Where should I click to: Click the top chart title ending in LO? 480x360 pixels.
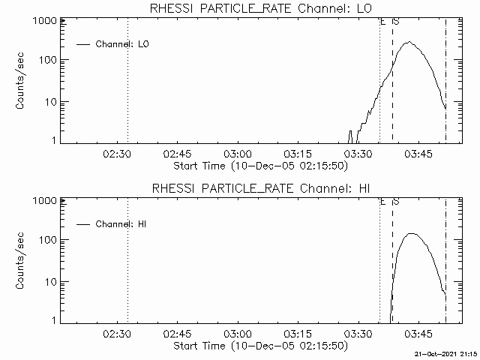(x=259, y=8)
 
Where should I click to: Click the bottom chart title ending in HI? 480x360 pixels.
(x=259, y=187)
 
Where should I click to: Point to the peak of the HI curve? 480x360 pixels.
(x=411, y=233)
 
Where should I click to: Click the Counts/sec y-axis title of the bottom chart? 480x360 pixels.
(x=22, y=260)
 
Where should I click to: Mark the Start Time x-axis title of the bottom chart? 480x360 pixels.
(x=259, y=346)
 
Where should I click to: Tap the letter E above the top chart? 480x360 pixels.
(x=382, y=22)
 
